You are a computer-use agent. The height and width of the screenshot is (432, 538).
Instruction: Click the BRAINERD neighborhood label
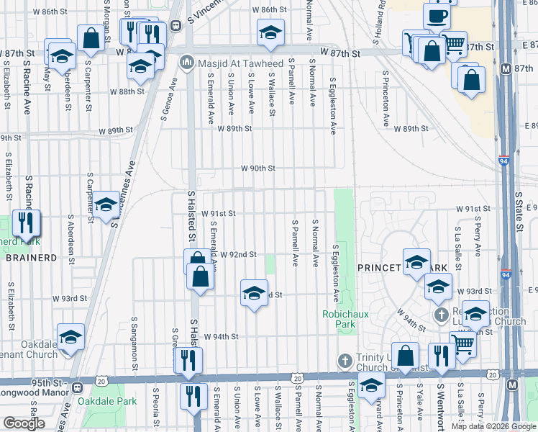coord(26,257)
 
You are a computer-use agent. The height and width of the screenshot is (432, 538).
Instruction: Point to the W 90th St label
coord(258,168)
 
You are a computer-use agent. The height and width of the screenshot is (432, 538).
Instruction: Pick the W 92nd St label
coord(239,255)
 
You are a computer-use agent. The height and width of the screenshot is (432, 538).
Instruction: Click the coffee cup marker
coord(437,15)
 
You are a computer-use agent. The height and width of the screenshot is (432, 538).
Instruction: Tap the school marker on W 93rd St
coord(253,293)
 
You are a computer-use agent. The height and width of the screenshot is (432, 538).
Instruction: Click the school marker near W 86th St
coord(270,32)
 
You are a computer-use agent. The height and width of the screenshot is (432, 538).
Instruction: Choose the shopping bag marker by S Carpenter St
coord(91,39)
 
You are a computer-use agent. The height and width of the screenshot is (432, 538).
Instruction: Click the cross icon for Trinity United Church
coord(345,359)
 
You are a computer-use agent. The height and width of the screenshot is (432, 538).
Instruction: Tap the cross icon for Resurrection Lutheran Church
coord(442,315)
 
